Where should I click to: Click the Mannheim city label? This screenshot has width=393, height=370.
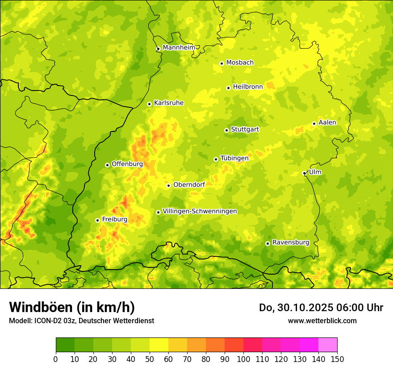(x=179, y=47)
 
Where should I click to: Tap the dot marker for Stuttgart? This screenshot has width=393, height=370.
(x=226, y=130)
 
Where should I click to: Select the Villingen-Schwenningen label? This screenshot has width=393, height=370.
(x=200, y=211)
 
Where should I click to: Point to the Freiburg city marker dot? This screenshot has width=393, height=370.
(x=97, y=220)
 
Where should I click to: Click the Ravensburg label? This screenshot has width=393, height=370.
(x=291, y=243)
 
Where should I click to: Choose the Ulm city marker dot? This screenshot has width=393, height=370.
(x=304, y=173)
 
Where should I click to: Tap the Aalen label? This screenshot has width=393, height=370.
(x=327, y=123)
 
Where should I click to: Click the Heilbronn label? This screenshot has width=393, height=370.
(x=248, y=87)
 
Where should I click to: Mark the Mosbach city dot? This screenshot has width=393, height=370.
(x=222, y=63)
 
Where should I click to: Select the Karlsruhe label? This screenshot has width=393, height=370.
(x=168, y=103)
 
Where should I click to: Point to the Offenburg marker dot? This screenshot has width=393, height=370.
(x=107, y=165)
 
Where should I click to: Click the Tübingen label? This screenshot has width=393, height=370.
(x=234, y=158)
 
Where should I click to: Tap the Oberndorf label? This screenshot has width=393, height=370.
(x=189, y=185)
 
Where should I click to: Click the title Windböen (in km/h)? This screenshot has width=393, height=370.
(x=72, y=307)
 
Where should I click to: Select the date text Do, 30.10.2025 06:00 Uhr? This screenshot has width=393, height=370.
(x=321, y=308)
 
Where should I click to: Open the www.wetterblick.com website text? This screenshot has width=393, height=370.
(x=322, y=321)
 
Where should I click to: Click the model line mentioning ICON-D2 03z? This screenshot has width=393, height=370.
(x=81, y=321)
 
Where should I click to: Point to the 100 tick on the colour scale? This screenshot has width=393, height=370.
(x=243, y=359)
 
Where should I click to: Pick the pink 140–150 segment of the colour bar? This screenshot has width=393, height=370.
(x=328, y=345)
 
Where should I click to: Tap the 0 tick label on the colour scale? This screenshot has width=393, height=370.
(x=56, y=359)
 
